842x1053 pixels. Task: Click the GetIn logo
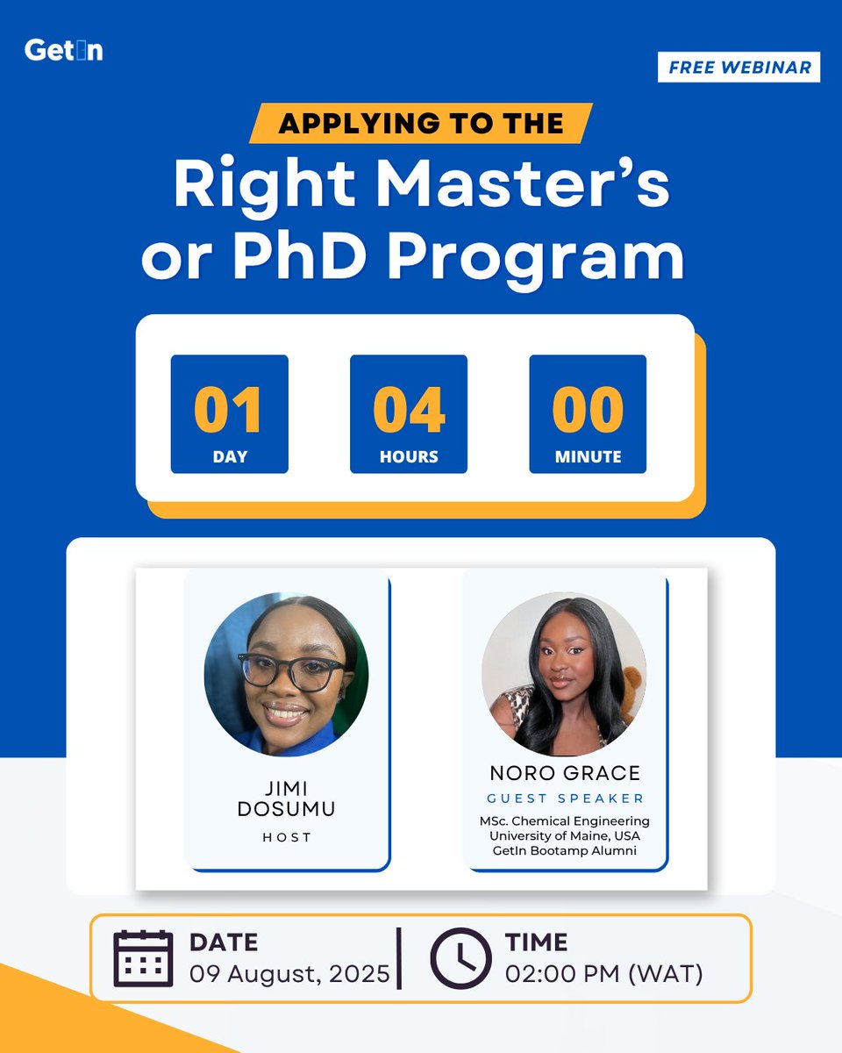pyautogui.click(x=63, y=50)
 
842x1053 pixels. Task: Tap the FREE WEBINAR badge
pyautogui.click(x=739, y=68)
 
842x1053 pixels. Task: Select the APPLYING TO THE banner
pyautogui.click(x=420, y=123)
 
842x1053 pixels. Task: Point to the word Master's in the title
pyautogui.click(x=517, y=184)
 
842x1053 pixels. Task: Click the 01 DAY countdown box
pyautogui.click(x=229, y=414)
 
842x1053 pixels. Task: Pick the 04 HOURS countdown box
pyautogui.click(x=408, y=414)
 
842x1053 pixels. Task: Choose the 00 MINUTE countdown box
pyautogui.click(x=588, y=414)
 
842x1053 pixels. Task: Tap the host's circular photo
pyautogui.click(x=286, y=674)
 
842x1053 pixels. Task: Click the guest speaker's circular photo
pyautogui.click(x=564, y=674)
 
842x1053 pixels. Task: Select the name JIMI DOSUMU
pyautogui.click(x=286, y=798)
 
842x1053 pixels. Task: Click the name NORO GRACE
pyautogui.click(x=565, y=773)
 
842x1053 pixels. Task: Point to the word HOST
pyautogui.click(x=287, y=838)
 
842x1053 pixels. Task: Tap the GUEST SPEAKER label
pyautogui.click(x=565, y=799)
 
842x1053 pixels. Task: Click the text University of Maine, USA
pyautogui.click(x=565, y=835)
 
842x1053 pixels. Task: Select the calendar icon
pyautogui.click(x=143, y=957)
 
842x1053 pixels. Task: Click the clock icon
pyautogui.click(x=460, y=957)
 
